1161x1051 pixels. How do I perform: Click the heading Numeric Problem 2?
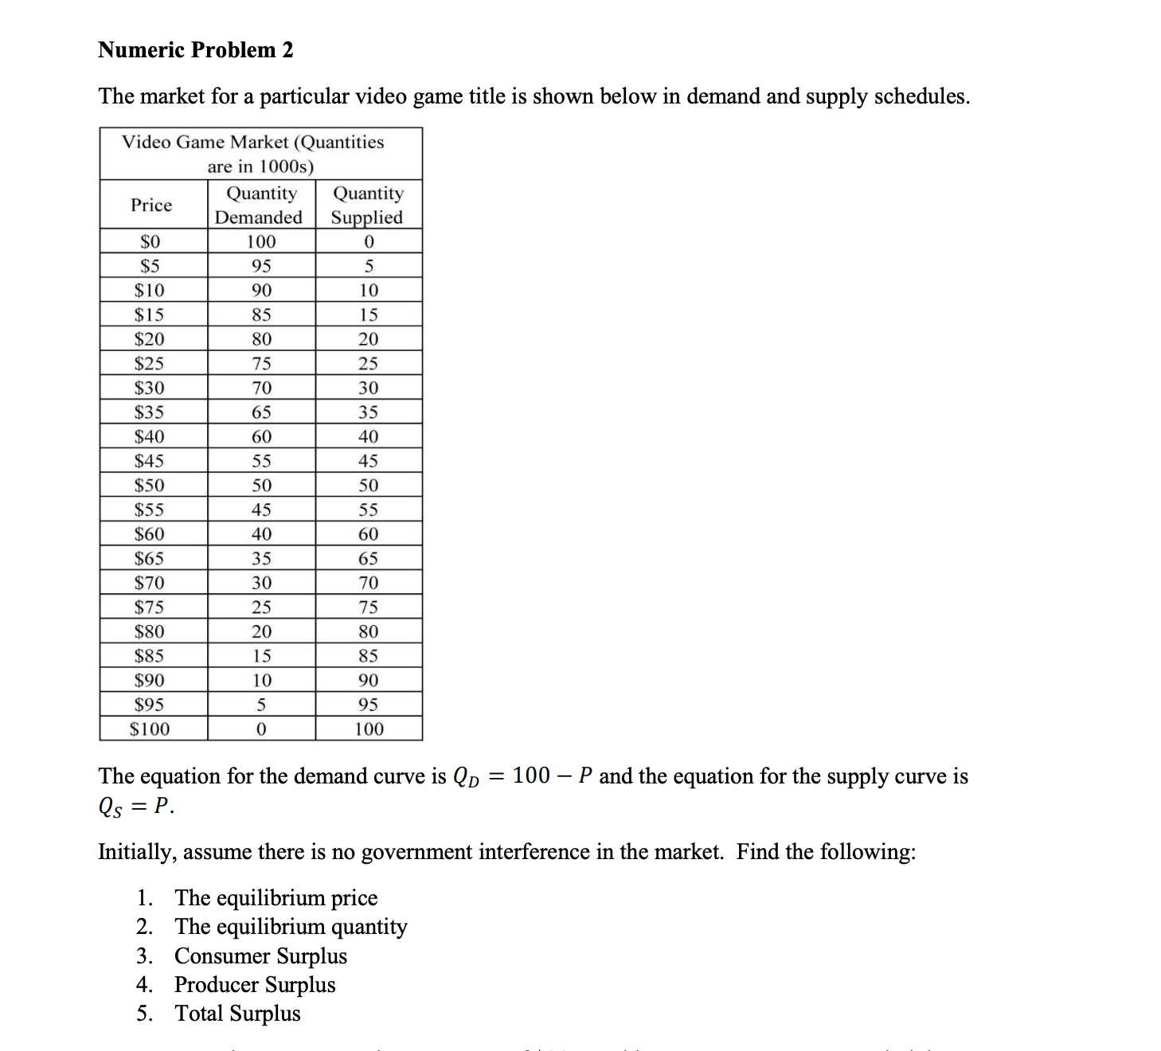pyautogui.click(x=196, y=50)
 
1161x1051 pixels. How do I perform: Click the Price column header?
pyautogui.click(x=151, y=205)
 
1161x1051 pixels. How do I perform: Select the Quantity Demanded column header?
pyautogui.click(x=261, y=205)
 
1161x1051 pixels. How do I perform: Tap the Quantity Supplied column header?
pyautogui.click(x=368, y=205)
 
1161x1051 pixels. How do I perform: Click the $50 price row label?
pyautogui.click(x=150, y=486)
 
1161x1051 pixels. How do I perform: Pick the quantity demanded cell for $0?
pyautogui.click(x=261, y=242)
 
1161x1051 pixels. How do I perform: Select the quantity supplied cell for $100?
pyautogui.click(x=369, y=729)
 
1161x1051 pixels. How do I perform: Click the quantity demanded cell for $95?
pyautogui.click(x=261, y=705)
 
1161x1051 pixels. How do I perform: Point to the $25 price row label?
pyautogui.click(x=150, y=364)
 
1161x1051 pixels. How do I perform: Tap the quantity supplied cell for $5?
pyautogui.click(x=369, y=267)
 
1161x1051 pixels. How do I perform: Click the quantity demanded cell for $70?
pyautogui.click(x=261, y=583)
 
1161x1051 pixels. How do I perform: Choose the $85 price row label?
pyautogui.click(x=150, y=656)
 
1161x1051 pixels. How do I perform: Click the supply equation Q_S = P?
pyautogui.click(x=135, y=807)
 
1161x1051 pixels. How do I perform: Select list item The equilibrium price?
pyautogui.click(x=276, y=898)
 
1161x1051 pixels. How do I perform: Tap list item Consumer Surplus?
pyautogui.click(x=260, y=956)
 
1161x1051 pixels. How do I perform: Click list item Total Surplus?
pyautogui.click(x=237, y=1014)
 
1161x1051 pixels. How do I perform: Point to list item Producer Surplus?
pyautogui.click(x=255, y=985)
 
